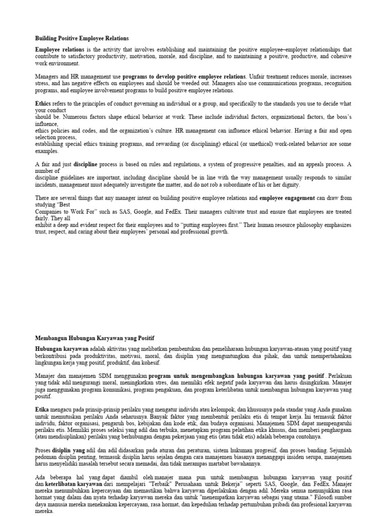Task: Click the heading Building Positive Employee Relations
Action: click(x=82, y=38)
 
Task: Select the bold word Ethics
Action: click(x=43, y=103)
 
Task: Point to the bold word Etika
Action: click(x=42, y=410)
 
